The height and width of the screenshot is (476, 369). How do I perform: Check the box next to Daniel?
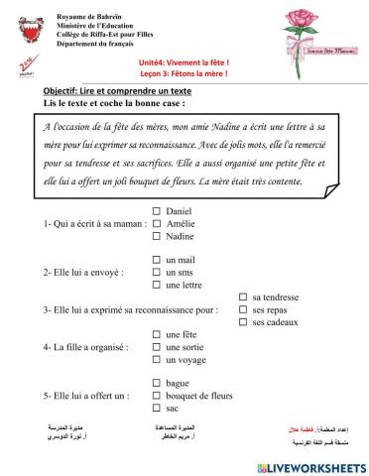(x=157, y=211)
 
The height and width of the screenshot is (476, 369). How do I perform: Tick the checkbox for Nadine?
(x=157, y=237)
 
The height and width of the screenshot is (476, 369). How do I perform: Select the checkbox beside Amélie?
(x=157, y=224)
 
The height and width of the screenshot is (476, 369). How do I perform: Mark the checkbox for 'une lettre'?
(x=157, y=285)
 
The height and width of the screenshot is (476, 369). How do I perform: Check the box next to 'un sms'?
(x=157, y=272)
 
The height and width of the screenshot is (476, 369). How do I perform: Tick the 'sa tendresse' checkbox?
(x=243, y=297)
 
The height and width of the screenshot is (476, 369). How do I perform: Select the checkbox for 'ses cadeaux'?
(x=243, y=322)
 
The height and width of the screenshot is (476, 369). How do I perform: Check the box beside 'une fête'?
(x=157, y=334)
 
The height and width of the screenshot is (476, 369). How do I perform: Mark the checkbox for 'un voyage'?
(x=157, y=360)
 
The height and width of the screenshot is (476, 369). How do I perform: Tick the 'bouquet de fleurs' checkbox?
(x=157, y=396)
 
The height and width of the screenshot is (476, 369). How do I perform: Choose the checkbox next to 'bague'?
(x=157, y=383)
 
